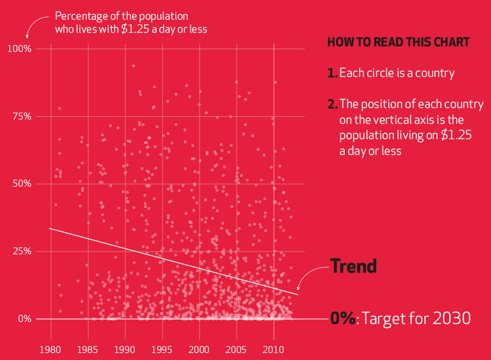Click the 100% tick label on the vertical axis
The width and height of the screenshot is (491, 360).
tap(20, 49)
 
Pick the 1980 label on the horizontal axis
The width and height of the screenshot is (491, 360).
tap(51, 349)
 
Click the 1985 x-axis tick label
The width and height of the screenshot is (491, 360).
tap(88, 349)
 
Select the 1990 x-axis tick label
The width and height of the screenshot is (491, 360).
tap(125, 349)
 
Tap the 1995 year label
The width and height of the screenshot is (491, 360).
tap(162, 349)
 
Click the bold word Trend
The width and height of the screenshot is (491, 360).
tap(354, 266)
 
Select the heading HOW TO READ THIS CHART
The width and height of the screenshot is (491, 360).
tap(398, 43)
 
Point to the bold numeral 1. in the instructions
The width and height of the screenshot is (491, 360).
tap(332, 73)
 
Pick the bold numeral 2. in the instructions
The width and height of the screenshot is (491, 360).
tap(332, 104)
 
